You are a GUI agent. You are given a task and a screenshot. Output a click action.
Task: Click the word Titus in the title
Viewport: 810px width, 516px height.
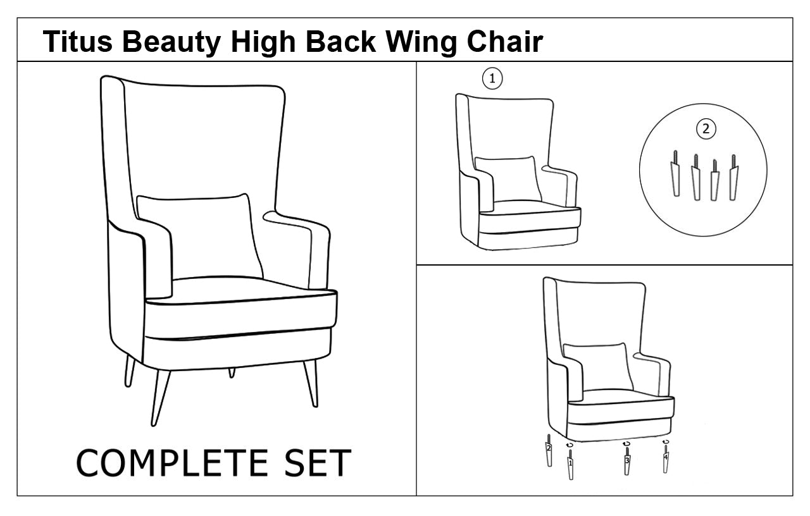(x=78, y=41)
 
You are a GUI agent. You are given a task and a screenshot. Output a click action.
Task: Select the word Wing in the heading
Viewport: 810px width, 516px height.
(x=422, y=43)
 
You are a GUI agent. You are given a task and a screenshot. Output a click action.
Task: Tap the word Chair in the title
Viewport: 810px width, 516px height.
(x=505, y=41)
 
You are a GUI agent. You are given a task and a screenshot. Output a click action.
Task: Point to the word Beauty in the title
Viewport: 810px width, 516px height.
(x=171, y=43)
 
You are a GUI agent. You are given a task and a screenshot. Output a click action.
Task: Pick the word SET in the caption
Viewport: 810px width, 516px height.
(x=318, y=464)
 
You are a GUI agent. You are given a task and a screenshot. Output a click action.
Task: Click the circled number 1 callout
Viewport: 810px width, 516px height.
(x=492, y=78)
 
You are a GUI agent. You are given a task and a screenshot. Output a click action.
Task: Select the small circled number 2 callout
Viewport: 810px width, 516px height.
(x=706, y=128)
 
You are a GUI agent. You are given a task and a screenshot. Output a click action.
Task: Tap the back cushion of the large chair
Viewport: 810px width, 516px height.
(x=199, y=236)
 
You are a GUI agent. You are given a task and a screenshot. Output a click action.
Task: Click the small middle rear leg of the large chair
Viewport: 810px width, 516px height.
(x=232, y=373)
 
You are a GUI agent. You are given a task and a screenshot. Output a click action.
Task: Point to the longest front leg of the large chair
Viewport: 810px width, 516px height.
(x=160, y=398)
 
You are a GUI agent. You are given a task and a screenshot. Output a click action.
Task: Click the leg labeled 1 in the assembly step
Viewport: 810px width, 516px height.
(x=571, y=464)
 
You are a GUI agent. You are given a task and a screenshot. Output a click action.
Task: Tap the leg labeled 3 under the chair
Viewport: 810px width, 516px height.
(x=627, y=461)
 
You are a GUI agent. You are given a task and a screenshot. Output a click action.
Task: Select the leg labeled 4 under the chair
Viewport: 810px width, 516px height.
(x=665, y=458)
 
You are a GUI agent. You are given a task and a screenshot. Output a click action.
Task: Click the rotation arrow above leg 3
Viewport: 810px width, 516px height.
(x=626, y=443)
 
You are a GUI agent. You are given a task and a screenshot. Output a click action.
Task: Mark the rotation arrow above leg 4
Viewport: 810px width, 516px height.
(x=665, y=441)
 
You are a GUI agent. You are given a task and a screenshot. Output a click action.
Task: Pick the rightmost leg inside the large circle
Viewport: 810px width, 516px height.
(x=733, y=177)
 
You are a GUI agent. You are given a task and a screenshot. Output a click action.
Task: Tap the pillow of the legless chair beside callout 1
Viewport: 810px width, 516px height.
(x=508, y=179)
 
